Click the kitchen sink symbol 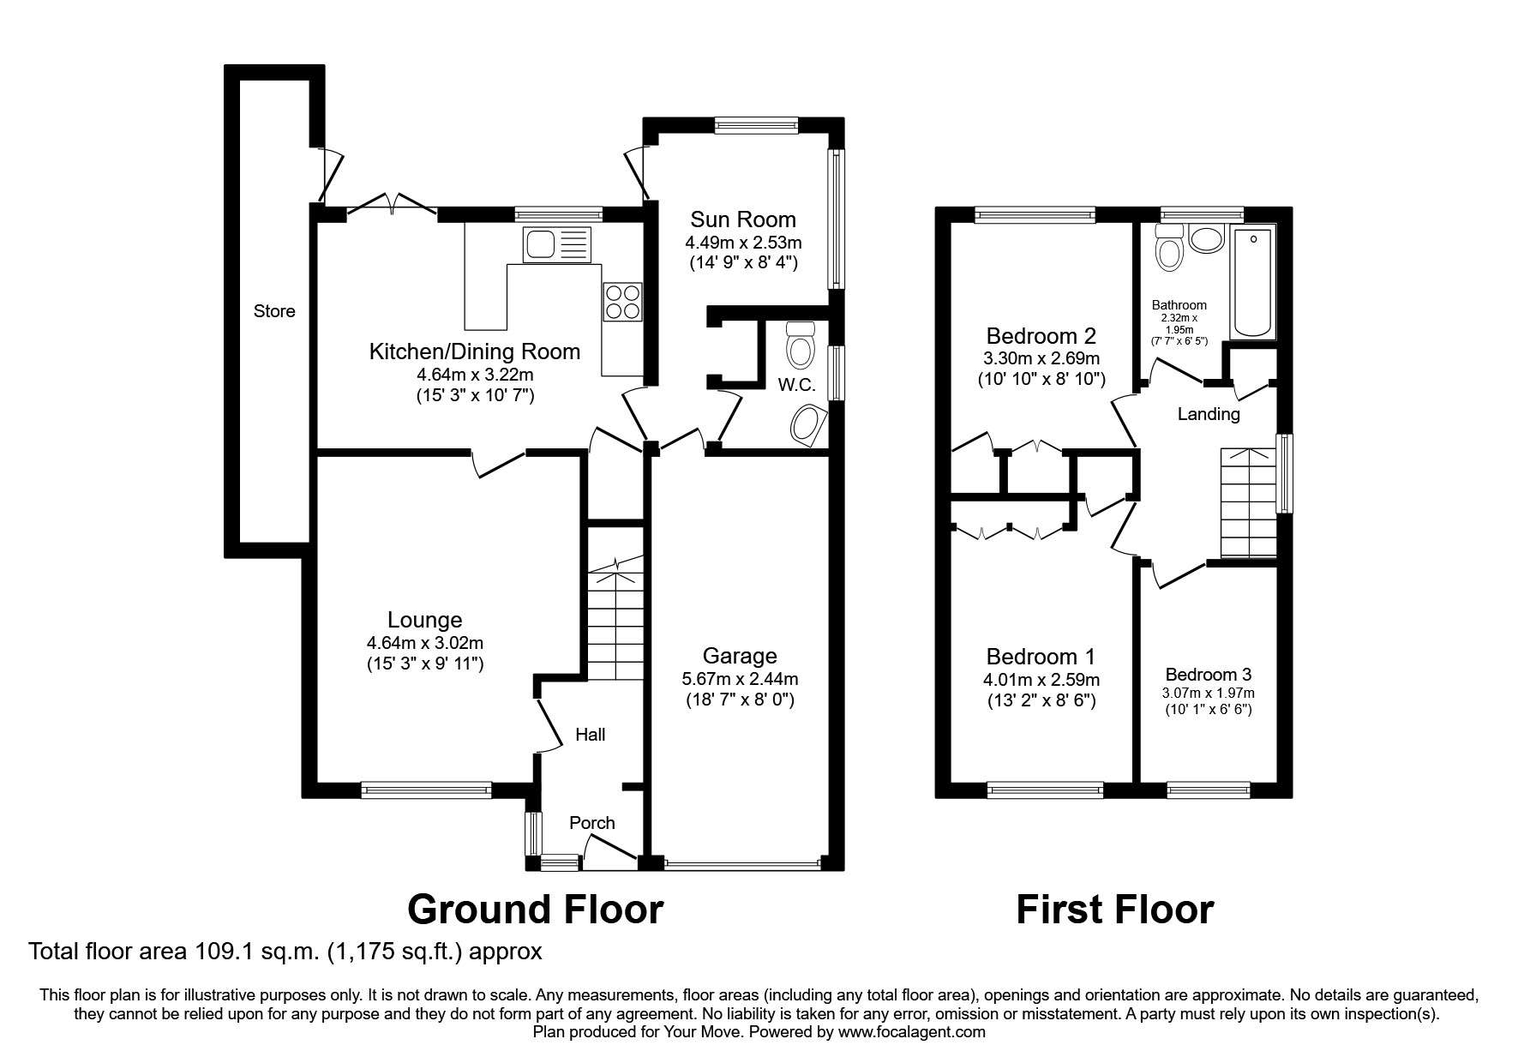[x=556, y=244]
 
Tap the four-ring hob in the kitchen [x=622, y=302]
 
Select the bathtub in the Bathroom [x=1252, y=282]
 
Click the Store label [x=274, y=311]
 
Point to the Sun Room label [x=743, y=219]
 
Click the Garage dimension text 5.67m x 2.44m [x=740, y=679]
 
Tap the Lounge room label [x=424, y=620]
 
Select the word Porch [x=592, y=823]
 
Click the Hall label [x=590, y=735]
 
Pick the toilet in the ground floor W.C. [x=801, y=345]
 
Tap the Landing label [x=1209, y=414]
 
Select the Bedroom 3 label [x=1208, y=675]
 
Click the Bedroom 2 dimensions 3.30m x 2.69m [x=1041, y=358]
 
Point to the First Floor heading [x=1114, y=910]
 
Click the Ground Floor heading [x=535, y=910]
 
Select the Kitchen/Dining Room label [x=474, y=351]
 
